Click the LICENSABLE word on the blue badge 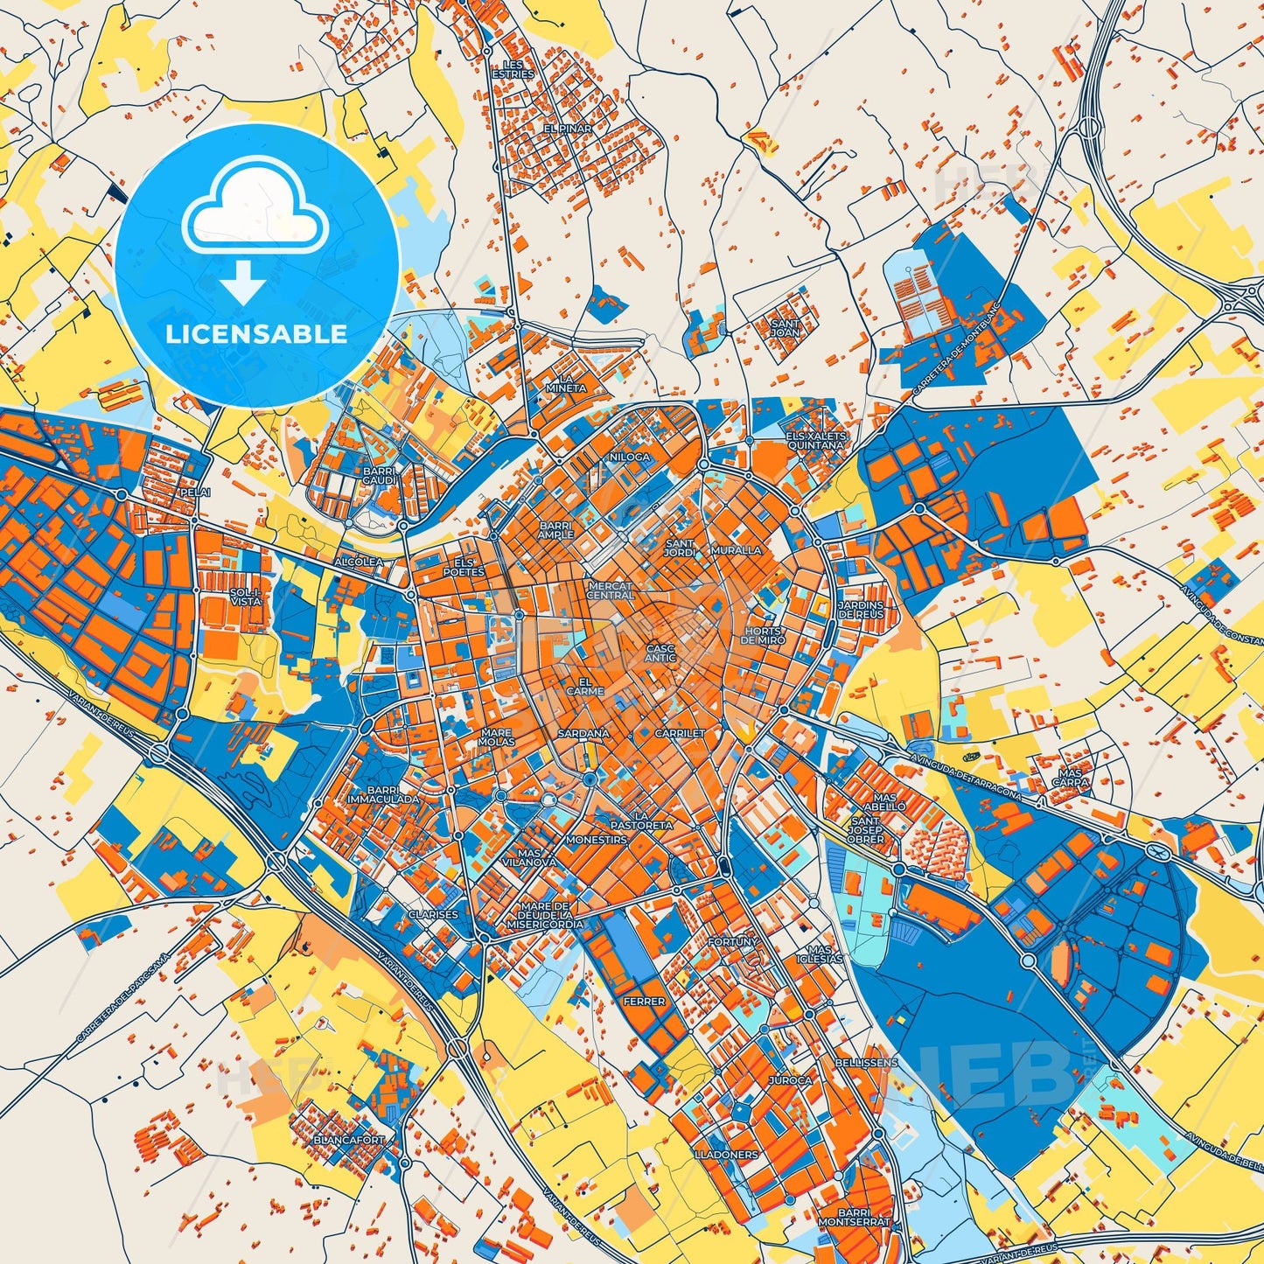coord(257,333)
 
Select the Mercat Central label coord(610,590)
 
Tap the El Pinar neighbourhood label coord(568,129)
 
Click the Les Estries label coord(513,70)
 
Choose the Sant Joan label coord(785,327)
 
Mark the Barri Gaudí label coord(380,475)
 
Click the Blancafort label coord(349,1141)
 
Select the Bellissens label coord(867,1062)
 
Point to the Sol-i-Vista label coord(245,597)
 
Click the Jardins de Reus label coord(860,609)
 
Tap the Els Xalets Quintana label coord(815,440)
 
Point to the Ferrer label coord(644,1001)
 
